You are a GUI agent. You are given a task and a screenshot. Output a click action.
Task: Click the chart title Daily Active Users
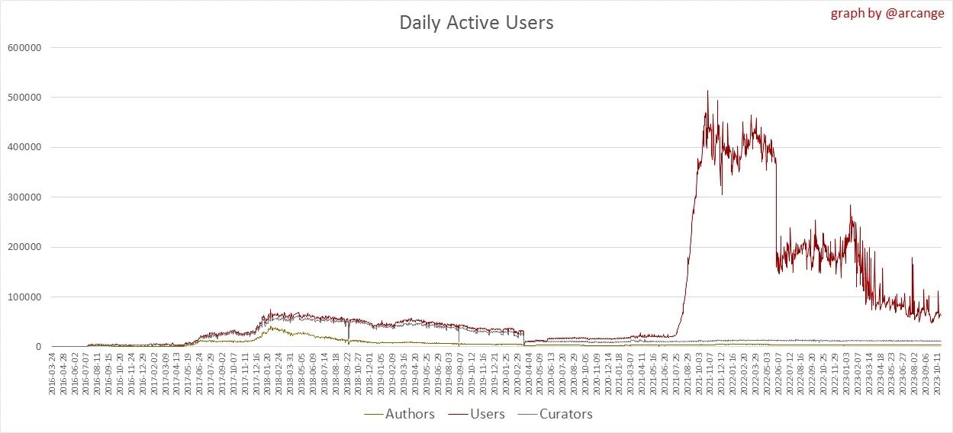click(x=476, y=23)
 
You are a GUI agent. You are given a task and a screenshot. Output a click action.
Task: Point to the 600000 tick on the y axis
click(x=23, y=47)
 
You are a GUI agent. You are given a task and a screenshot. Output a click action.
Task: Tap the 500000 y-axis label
click(x=23, y=98)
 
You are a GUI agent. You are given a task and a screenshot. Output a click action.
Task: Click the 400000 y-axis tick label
click(x=23, y=147)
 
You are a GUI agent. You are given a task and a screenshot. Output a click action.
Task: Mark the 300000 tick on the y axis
click(x=23, y=197)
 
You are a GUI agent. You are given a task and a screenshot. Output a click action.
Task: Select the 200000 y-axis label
click(x=23, y=247)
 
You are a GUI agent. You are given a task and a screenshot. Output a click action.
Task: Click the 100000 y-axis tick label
click(x=23, y=297)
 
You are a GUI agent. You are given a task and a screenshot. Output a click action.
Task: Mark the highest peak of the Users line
click(x=707, y=91)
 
